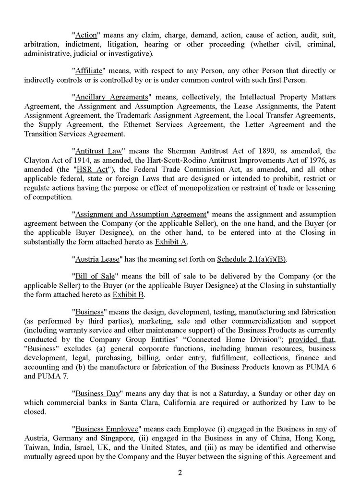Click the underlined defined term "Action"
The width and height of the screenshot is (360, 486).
tap(87, 35)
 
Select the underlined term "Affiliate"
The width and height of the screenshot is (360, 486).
tap(89, 71)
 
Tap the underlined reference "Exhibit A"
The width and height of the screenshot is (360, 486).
tap(170, 242)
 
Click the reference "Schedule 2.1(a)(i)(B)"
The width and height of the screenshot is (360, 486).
tap(252, 260)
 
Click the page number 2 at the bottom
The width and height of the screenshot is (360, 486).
tap(180, 472)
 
